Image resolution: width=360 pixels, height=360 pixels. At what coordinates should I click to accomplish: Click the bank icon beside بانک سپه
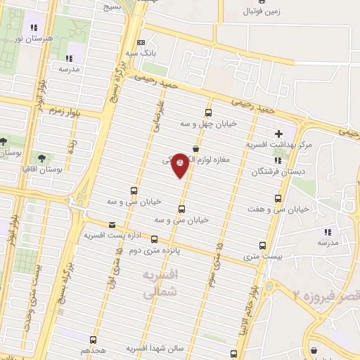pyautogui.click(x=141, y=42)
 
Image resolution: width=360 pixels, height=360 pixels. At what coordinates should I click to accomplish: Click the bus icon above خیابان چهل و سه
pyautogui.click(x=207, y=112)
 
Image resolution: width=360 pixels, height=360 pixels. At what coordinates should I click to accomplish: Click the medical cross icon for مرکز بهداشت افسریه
pyautogui.click(x=278, y=133)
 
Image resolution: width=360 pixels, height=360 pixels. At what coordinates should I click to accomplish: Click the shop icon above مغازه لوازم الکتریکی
pyautogui.click(x=195, y=149)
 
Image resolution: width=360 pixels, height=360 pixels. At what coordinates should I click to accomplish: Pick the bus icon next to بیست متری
pyautogui.click(x=262, y=246)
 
